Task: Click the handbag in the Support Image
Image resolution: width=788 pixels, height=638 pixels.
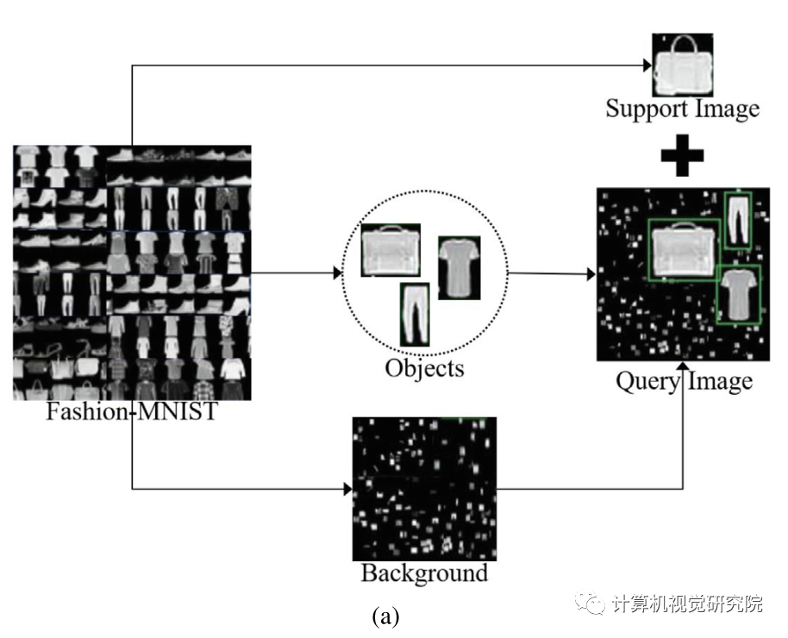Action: (x=682, y=66)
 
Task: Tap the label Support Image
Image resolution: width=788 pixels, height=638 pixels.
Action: (x=682, y=109)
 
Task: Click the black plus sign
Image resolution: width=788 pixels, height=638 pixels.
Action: (x=682, y=155)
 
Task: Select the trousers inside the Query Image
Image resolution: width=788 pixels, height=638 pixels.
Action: (x=738, y=222)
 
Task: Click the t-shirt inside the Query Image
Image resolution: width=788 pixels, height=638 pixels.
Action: (x=738, y=293)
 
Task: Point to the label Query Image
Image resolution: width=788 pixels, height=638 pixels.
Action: (x=684, y=380)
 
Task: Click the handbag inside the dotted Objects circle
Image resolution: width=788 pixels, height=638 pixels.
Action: (x=391, y=251)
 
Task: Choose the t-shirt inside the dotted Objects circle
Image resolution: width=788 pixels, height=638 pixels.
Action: (x=459, y=268)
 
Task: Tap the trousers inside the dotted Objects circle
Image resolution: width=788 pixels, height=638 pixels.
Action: (x=414, y=314)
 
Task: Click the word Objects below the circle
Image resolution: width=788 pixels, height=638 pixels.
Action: (x=424, y=368)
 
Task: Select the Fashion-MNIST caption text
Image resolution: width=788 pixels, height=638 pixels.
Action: (x=131, y=411)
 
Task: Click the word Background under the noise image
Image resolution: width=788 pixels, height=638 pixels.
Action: (x=423, y=572)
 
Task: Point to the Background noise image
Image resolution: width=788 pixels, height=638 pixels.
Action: (x=424, y=489)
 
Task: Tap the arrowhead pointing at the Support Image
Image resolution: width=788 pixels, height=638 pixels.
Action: (x=646, y=65)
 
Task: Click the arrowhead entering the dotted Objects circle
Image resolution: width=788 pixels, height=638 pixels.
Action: (x=337, y=273)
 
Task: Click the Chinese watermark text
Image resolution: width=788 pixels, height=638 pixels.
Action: (x=686, y=604)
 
